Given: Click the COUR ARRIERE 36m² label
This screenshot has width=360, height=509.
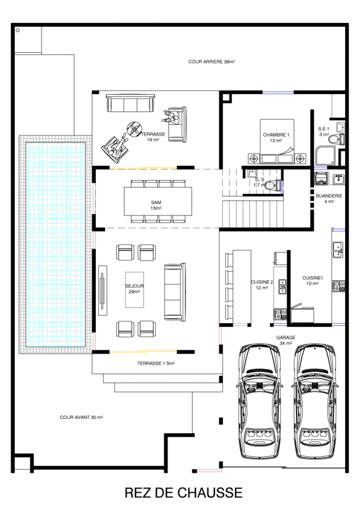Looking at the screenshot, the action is [x=212, y=62].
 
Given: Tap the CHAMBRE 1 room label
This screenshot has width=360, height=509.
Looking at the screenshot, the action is [x=276, y=135].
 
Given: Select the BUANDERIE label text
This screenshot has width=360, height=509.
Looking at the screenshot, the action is [x=329, y=196].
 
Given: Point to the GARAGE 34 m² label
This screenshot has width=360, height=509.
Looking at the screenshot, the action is [x=286, y=340].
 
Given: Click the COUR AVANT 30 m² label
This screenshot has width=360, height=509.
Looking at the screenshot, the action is [x=81, y=418].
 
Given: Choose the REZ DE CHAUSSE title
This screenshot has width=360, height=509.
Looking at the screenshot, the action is [x=184, y=492].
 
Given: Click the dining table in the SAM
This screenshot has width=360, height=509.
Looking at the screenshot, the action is [x=158, y=201].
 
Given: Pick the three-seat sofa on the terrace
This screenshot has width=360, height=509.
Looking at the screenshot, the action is [x=130, y=103].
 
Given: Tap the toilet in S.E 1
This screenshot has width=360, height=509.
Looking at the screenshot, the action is [x=336, y=139].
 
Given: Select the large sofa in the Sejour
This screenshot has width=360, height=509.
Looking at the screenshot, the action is [x=175, y=292].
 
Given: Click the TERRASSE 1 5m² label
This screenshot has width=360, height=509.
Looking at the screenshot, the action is [x=156, y=364].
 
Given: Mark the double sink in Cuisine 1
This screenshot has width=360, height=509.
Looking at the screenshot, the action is [x=338, y=249].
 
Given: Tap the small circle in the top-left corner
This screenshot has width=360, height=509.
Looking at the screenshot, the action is [x=18, y=30].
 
